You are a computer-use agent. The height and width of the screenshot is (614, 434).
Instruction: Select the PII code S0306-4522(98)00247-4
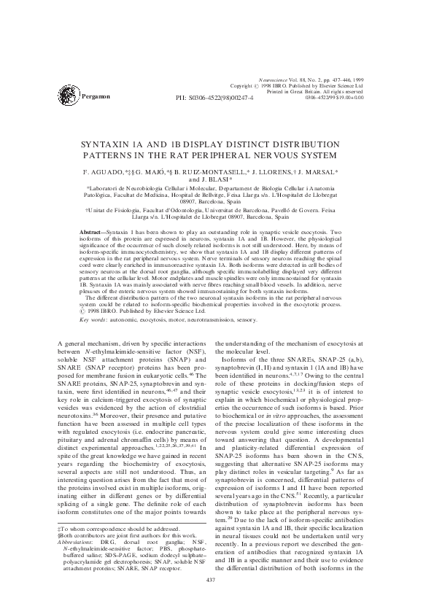(225, 96)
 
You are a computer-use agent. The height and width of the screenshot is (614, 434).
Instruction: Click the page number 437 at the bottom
(217, 580)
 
